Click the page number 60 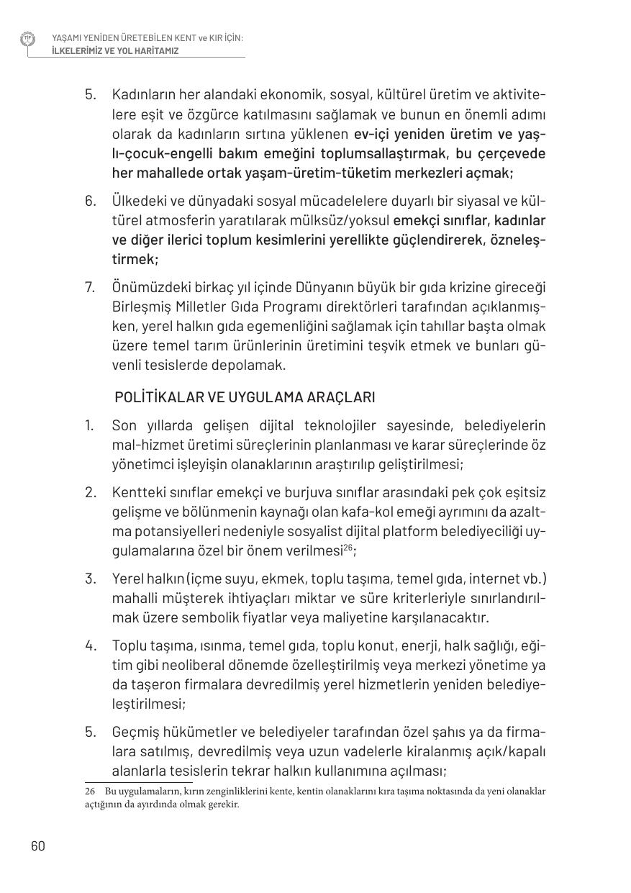38,846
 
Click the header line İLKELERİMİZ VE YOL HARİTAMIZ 115,51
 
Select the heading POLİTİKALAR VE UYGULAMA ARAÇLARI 245,397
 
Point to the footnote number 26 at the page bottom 90,792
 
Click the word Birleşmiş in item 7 140,307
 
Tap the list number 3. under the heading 90,579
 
